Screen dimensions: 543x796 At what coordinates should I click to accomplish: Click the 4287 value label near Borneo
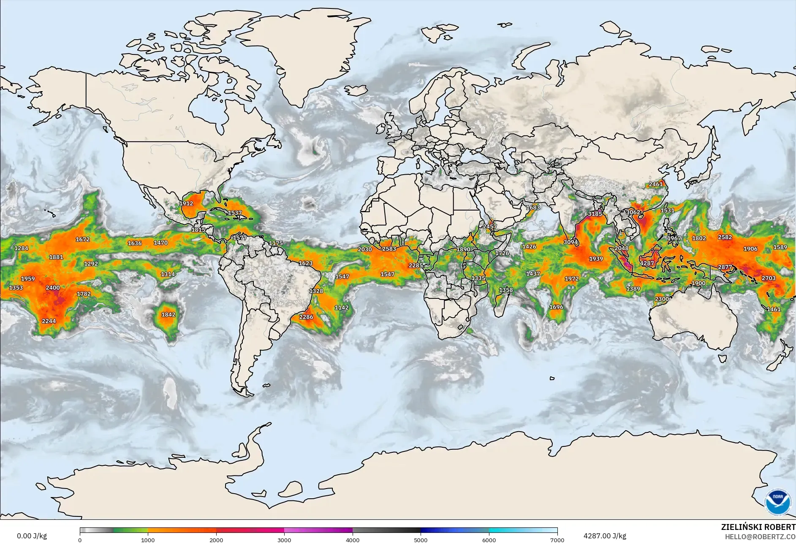pos(647,263)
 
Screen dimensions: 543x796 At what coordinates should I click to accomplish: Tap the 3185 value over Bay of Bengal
pos(595,214)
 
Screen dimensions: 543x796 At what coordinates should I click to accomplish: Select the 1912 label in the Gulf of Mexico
pos(186,203)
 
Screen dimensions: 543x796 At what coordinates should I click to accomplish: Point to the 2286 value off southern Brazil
pos(306,317)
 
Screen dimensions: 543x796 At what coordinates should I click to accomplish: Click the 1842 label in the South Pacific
pos(168,314)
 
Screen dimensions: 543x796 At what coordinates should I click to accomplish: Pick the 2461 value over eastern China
pos(655,184)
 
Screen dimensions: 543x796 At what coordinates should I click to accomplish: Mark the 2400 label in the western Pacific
pos(53,288)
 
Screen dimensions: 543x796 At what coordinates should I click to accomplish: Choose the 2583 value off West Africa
pos(389,249)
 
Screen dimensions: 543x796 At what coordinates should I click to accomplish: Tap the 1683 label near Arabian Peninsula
pos(532,208)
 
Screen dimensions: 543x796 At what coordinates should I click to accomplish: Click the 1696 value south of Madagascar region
pos(556,307)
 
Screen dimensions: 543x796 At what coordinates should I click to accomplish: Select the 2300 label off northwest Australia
pos(661,299)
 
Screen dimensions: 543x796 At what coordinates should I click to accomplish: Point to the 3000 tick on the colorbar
pos(284,540)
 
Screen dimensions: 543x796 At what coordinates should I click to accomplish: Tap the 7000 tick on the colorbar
pos(557,540)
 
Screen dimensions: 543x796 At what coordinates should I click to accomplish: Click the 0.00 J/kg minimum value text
pos(32,536)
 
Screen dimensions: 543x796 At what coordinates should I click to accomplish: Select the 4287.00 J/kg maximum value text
pos(605,536)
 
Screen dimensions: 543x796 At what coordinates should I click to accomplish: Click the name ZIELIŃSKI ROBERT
pos(758,527)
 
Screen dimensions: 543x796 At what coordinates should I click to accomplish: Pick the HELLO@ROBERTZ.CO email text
pos(760,537)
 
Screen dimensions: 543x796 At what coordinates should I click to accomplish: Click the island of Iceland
pos(356,90)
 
